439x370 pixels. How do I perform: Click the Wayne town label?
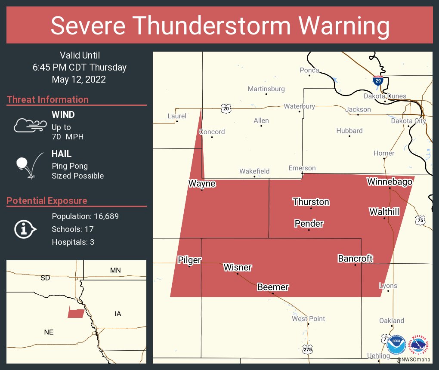(202, 184)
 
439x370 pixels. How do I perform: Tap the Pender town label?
(309, 223)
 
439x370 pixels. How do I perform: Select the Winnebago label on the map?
(390, 182)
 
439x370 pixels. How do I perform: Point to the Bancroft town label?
(355, 258)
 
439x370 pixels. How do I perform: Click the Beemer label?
(273, 287)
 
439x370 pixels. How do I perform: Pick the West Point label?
(308, 319)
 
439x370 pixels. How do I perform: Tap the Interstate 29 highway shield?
(378, 80)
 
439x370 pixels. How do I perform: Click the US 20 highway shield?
(226, 109)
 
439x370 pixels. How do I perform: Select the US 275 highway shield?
(307, 349)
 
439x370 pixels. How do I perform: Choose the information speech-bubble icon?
(25, 229)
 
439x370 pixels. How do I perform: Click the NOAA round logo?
(396, 345)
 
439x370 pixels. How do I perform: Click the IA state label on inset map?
(118, 314)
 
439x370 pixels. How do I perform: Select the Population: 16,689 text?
(85, 216)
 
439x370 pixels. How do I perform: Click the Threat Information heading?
(48, 99)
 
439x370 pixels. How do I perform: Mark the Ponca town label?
(309, 70)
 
